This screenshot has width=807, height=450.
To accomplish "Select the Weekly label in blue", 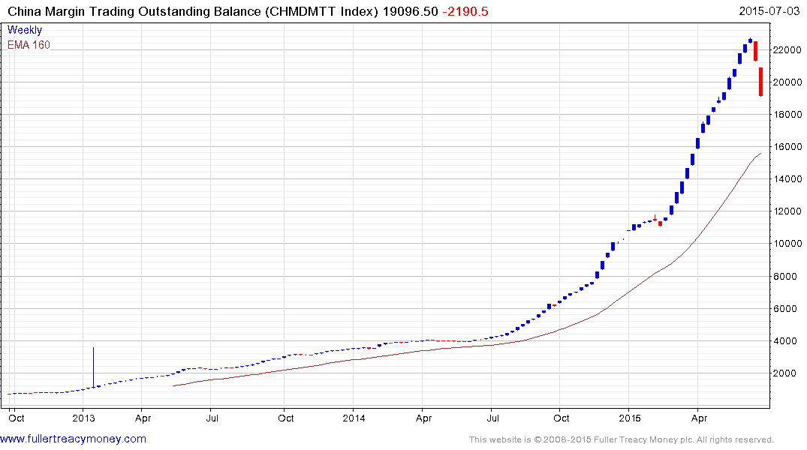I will tap(25, 30).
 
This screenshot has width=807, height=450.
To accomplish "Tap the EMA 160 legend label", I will tap(29, 45).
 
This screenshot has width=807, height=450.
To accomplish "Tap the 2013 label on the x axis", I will tap(83, 418).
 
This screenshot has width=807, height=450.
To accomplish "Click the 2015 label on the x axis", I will tap(630, 418).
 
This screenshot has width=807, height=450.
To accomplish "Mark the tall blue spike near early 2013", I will tap(93, 367).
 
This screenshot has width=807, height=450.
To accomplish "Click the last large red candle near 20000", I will tap(761, 82).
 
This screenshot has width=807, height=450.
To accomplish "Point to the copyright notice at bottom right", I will tap(621, 439).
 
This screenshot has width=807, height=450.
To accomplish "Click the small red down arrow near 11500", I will tap(655, 218).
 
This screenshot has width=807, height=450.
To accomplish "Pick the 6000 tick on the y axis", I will tap(787, 308).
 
